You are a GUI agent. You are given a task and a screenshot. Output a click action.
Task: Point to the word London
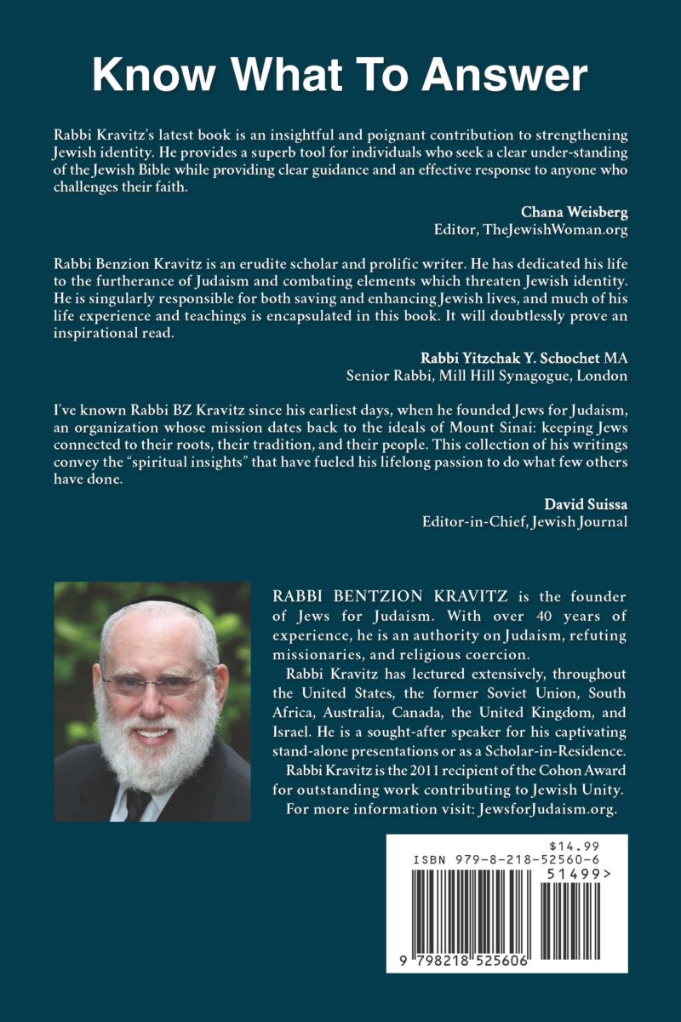click(x=604, y=375)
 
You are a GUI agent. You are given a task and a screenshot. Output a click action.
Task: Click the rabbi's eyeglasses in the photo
click(x=156, y=682)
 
